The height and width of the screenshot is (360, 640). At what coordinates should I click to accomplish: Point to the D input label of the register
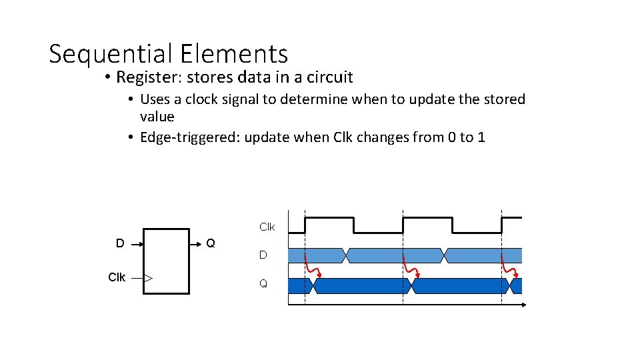[x=120, y=243]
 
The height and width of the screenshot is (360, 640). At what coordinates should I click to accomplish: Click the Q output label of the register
[x=211, y=243]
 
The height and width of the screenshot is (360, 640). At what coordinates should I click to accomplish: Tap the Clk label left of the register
[x=117, y=277]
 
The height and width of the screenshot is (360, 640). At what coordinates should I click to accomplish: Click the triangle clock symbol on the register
[x=149, y=278]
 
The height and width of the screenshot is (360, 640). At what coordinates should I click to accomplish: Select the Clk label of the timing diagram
[x=267, y=227]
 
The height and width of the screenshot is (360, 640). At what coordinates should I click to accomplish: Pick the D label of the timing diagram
[x=263, y=255]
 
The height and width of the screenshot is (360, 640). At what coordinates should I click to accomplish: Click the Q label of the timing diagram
[x=263, y=284]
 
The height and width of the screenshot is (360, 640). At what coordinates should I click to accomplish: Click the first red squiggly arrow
[x=312, y=267]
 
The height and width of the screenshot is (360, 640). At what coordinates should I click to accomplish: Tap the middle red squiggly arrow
[x=411, y=267]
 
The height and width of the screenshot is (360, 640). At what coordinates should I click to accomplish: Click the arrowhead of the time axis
[x=523, y=304]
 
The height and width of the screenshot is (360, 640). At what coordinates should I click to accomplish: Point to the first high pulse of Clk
[x=329, y=218]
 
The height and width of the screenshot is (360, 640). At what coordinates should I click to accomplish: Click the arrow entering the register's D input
[x=136, y=245]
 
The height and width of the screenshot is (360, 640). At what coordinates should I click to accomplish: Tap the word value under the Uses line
[x=157, y=117]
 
